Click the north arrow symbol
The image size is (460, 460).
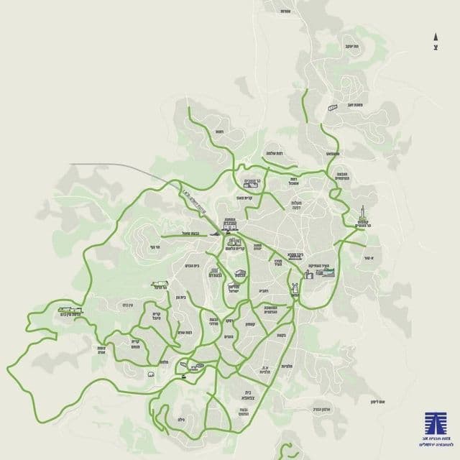[436, 37]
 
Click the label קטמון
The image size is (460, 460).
[240, 325]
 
